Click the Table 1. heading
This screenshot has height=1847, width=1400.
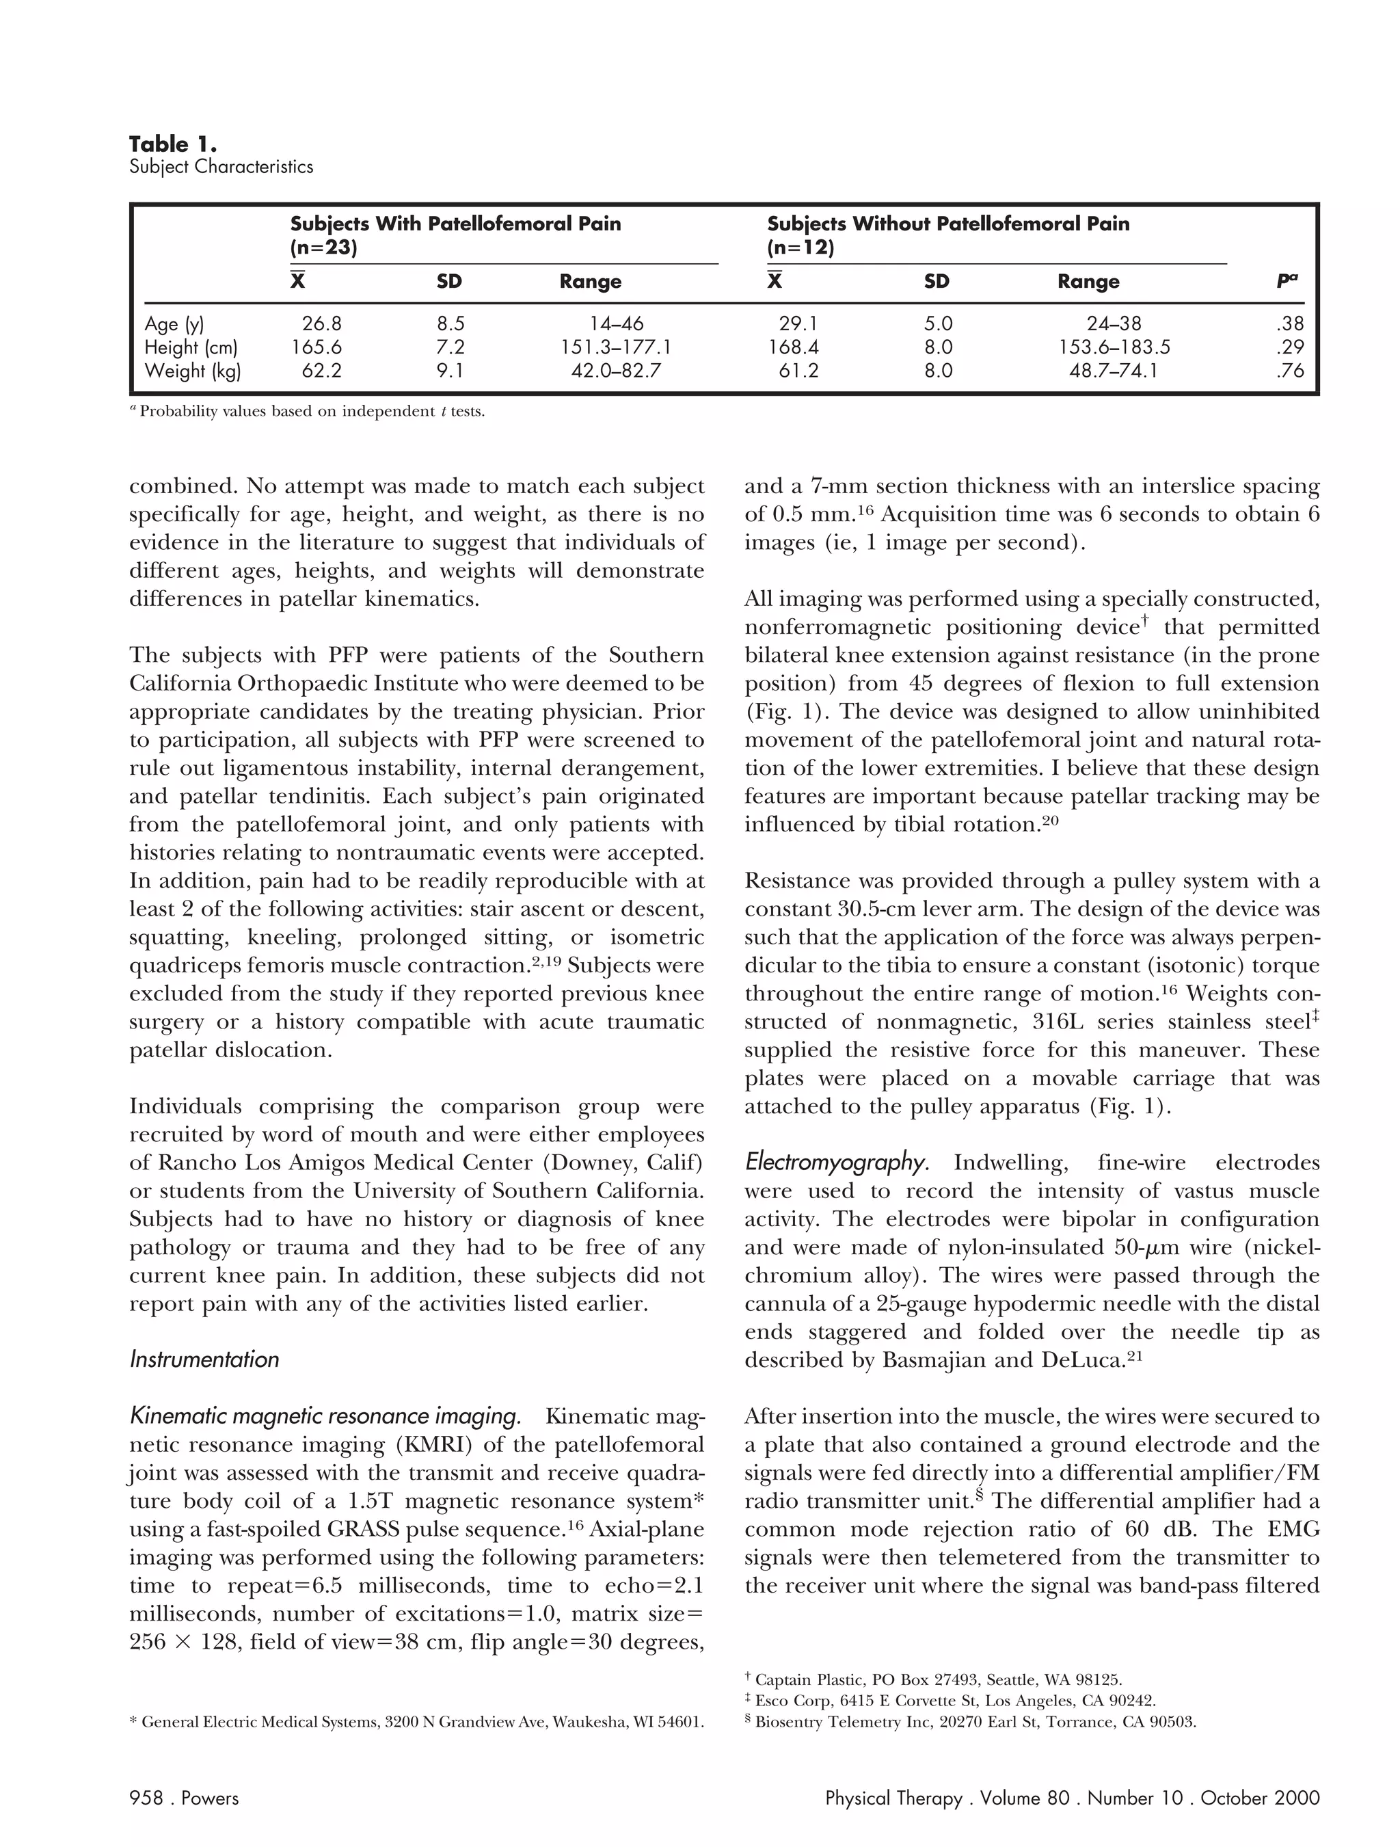pos(173,144)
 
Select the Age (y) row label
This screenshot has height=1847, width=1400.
pos(174,324)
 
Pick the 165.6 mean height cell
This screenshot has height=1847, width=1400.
pos(317,347)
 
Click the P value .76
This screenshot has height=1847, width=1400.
pos(1289,371)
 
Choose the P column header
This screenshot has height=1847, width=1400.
pos(1287,281)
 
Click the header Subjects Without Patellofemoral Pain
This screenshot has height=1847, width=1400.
pos(947,224)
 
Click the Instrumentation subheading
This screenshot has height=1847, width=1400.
pos(204,1359)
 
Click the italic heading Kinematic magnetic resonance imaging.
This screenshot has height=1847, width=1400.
pos(325,1416)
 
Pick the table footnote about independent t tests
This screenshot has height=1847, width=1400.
pos(308,412)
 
